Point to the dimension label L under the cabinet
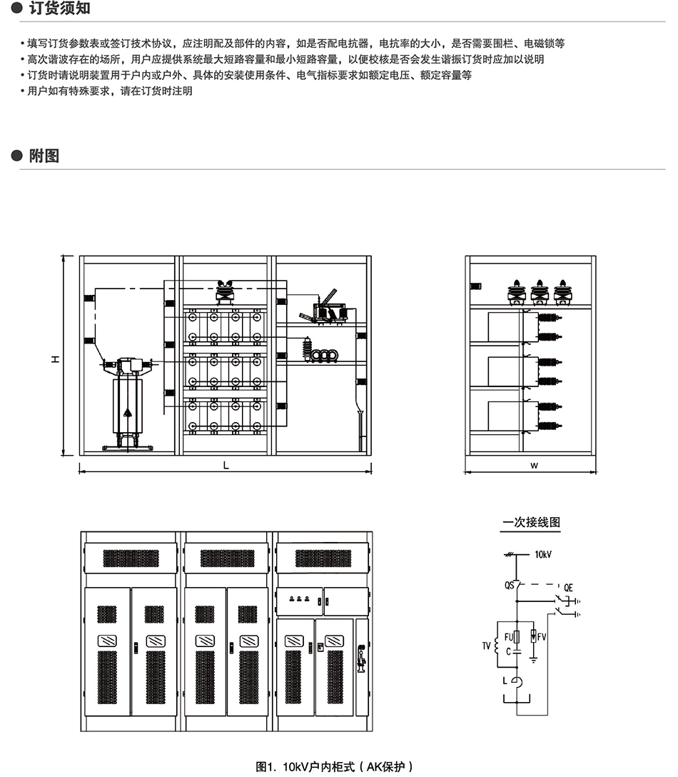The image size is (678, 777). tap(226, 464)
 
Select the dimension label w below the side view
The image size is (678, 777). tap(533, 465)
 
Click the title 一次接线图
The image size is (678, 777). tap(532, 523)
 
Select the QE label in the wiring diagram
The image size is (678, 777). tap(568, 587)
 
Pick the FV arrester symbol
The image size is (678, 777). tap(533, 636)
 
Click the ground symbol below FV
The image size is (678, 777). tap(533, 661)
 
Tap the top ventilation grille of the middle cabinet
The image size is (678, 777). tap(227, 558)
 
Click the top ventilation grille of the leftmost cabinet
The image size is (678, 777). tap(130, 558)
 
